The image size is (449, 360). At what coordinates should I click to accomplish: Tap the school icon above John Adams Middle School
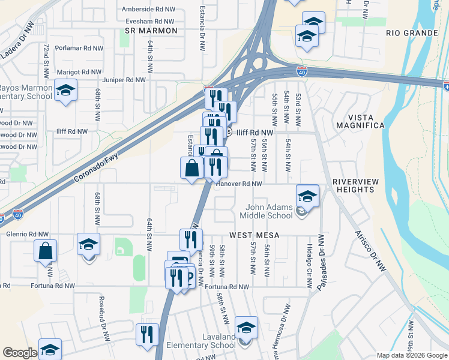coord(307,196)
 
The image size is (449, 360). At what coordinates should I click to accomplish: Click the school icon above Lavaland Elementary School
coord(246,328)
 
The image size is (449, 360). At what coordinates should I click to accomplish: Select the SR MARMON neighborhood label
coord(151,31)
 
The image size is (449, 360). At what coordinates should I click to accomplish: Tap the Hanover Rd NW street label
coord(239,184)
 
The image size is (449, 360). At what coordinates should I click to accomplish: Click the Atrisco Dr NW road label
coord(369,251)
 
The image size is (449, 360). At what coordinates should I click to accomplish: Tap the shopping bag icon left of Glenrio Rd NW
coord(46,251)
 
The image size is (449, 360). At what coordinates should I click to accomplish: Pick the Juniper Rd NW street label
coord(125,79)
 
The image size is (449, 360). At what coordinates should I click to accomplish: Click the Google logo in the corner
coord(20,353)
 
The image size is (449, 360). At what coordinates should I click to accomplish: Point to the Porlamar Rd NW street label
coord(79,48)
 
